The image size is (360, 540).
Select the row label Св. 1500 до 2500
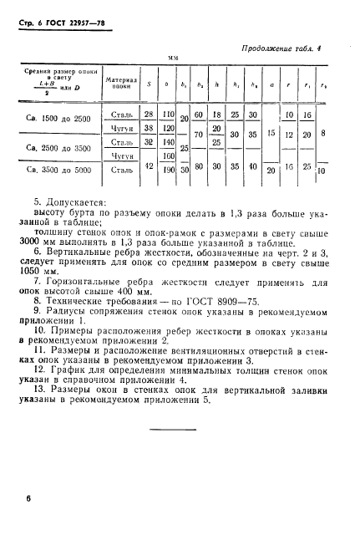[x=54, y=120]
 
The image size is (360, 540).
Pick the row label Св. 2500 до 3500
[x=54, y=147]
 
